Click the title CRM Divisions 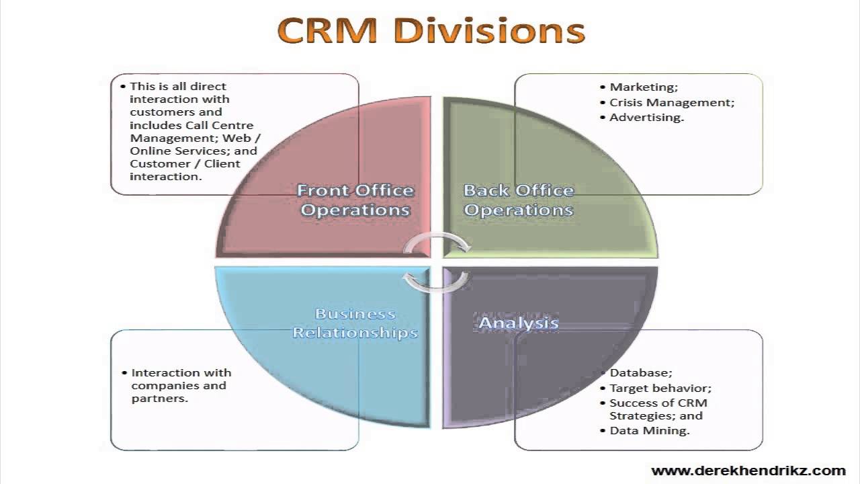[431, 31]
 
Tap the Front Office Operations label [355, 200]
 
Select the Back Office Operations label [519, 200]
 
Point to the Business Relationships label [355, 323]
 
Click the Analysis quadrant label [518, 323]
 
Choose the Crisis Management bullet [671, 102]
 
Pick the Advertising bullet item [646, 117]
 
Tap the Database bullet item [640, 372]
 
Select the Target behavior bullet [660, 388]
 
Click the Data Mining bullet [649, 430]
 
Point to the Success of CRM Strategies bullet [658, 409]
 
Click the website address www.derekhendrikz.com [748, 471]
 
